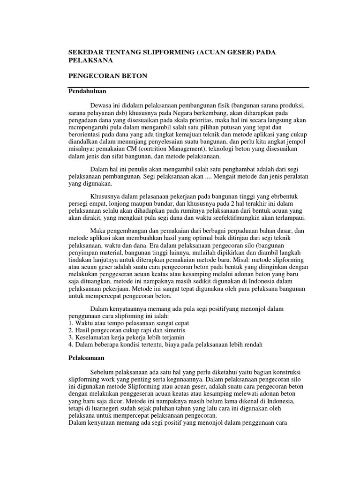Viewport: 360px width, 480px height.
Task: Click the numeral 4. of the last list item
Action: (x=71, y=345)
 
